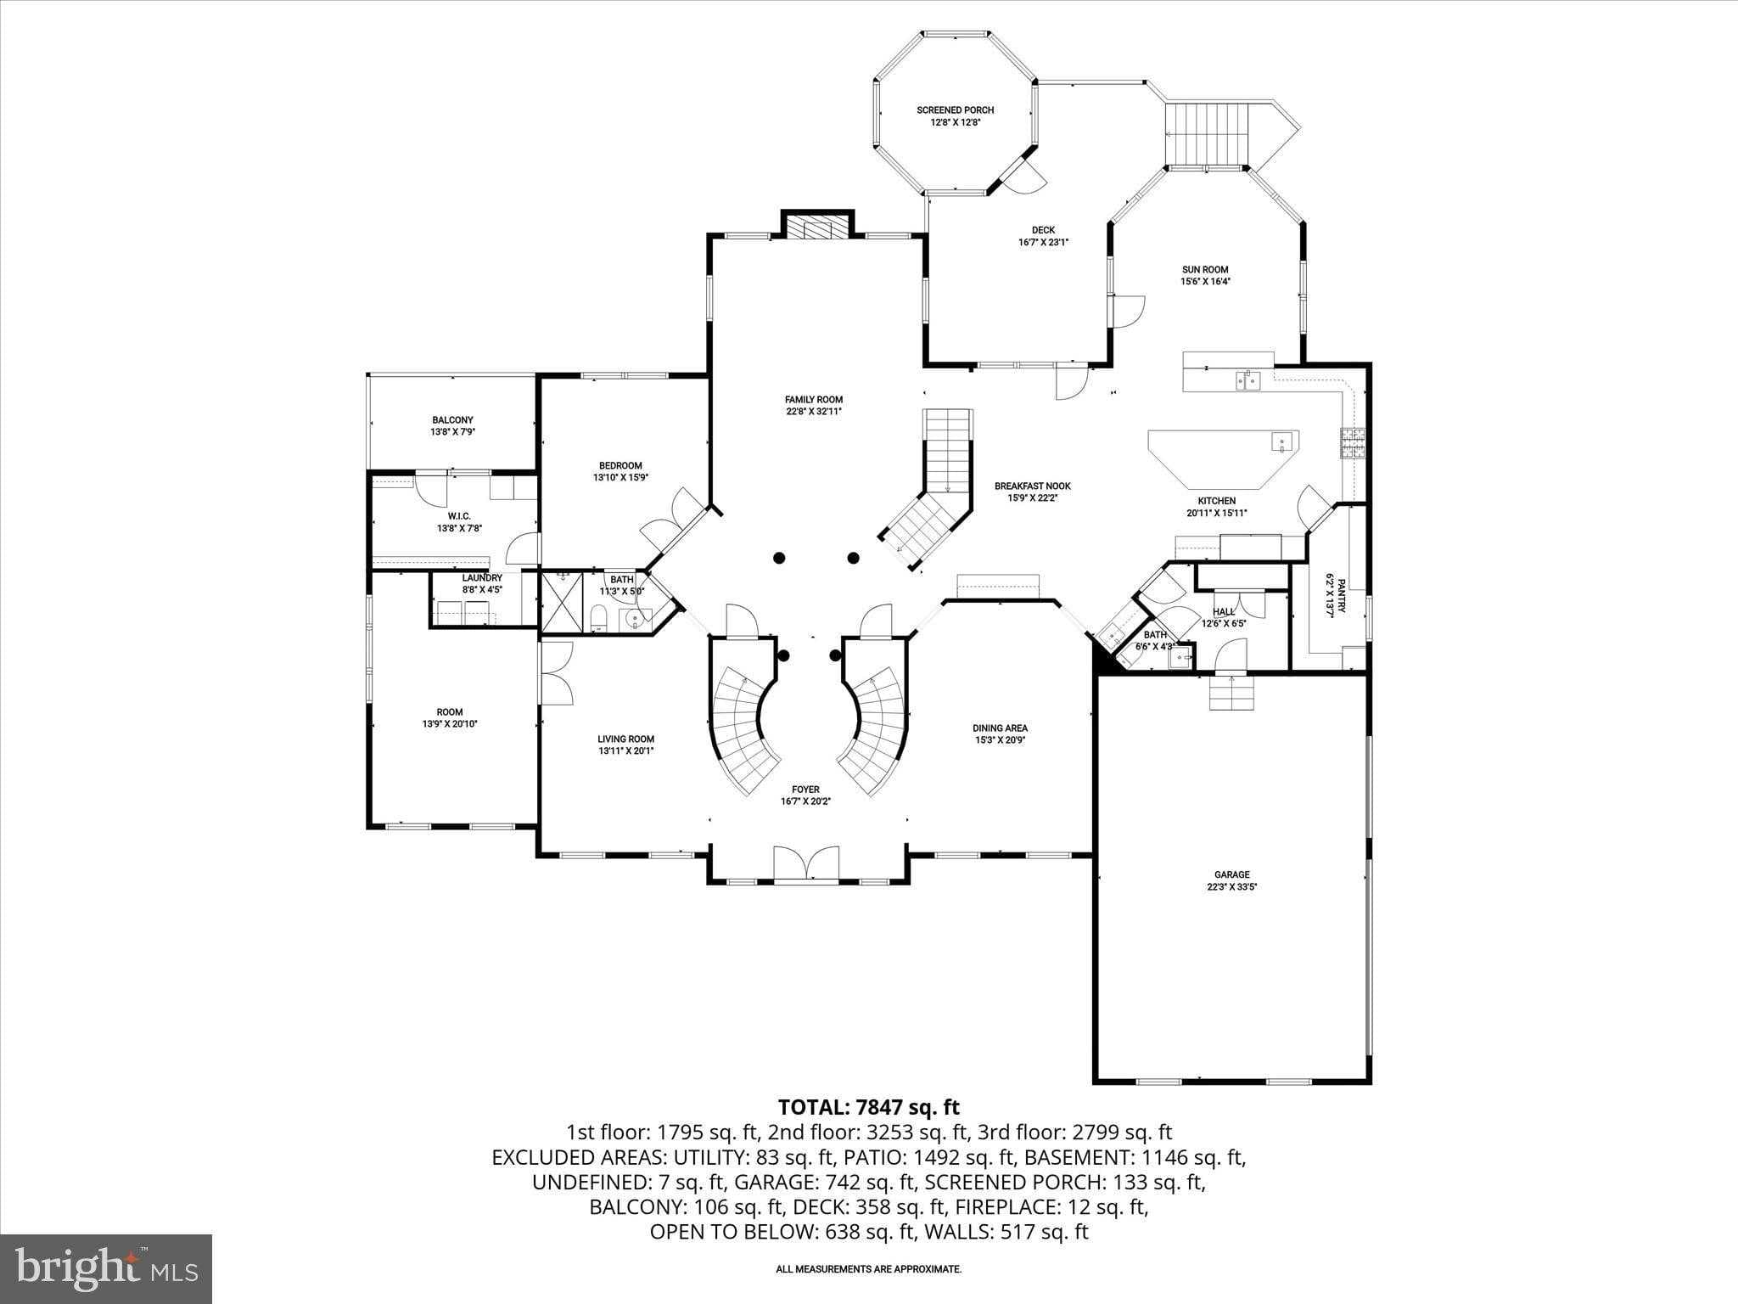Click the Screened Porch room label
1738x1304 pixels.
coord(955,110)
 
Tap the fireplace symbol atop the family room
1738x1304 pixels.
coord(817,228)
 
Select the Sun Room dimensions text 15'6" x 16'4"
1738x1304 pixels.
coord(1205,282)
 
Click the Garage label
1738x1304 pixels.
coord(1231,874)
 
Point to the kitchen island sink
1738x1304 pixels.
coord(1282,441)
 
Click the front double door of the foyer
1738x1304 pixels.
coord(806,864)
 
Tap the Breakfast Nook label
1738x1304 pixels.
coord(1033,486)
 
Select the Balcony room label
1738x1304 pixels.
coord(452,420)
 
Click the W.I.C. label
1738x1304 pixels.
coord(459,516)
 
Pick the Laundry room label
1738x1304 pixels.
coord(482,578)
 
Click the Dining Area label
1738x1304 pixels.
coord(1000,728)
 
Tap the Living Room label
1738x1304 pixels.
coord(625,739)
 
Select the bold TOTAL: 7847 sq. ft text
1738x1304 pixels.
coord(868,1107)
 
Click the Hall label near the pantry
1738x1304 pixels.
coord(1224,611)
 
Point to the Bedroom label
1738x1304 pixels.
coord(620,465)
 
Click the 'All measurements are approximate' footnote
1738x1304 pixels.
coord(868,1269)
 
